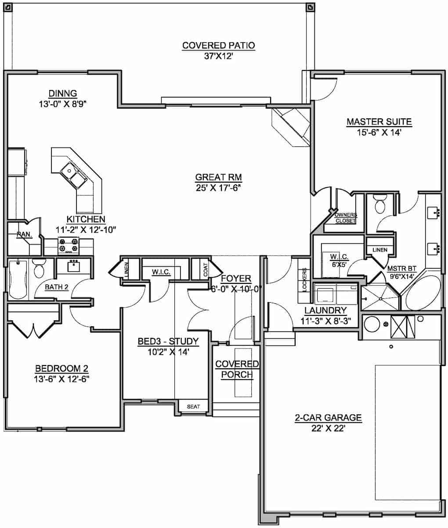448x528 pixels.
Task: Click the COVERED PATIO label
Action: (218, 45)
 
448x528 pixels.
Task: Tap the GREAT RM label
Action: (219, 177)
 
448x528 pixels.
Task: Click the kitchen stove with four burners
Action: (69, 246)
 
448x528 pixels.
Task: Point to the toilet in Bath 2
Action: (39, 268)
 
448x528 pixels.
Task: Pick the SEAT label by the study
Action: (193, 407)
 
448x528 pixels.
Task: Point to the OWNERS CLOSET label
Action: (346, 218)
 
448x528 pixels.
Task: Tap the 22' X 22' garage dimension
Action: (328, 428)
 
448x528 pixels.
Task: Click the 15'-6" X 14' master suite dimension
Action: (379, 132)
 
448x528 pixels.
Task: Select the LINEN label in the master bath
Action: (379, 250)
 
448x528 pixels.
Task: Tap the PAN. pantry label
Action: (24, 235)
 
